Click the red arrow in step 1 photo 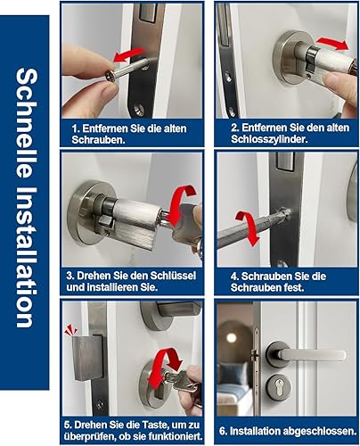click(128, 55)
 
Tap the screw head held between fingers click(110, 76)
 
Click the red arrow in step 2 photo click(332, 44)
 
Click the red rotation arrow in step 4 click(247, 227)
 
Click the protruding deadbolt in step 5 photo click(86, 359)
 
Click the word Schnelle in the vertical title click(26, 124)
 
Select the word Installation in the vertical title click(26, 257)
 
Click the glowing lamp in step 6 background click(230, 338)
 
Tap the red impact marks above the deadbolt click(71, 329)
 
